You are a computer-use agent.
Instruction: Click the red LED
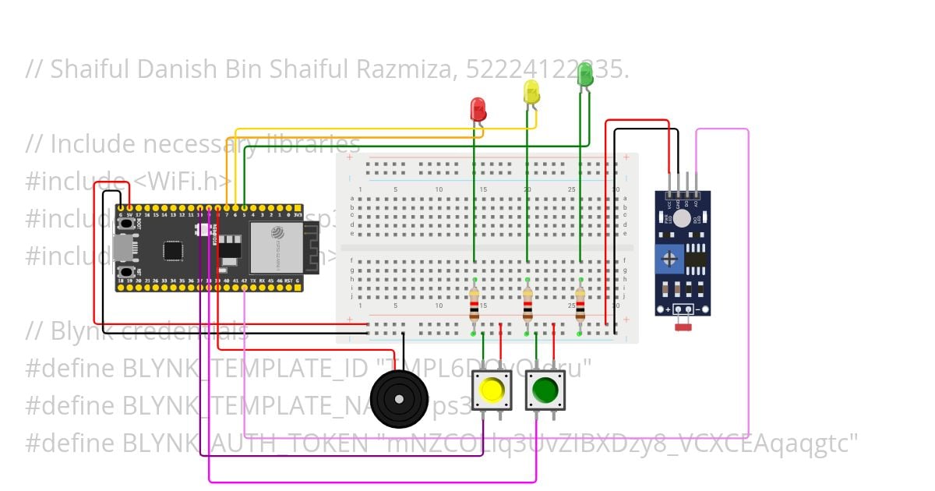478,108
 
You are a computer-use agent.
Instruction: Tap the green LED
585,75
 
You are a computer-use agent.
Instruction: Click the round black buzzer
399,398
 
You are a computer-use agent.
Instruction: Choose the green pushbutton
545,389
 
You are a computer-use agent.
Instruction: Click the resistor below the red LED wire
475,305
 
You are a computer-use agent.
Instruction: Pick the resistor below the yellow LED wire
527,305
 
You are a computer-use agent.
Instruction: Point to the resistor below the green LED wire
580,305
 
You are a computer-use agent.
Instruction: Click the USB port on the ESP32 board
122,248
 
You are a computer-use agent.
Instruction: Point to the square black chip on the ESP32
173,250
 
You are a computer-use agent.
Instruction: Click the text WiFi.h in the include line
183,182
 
